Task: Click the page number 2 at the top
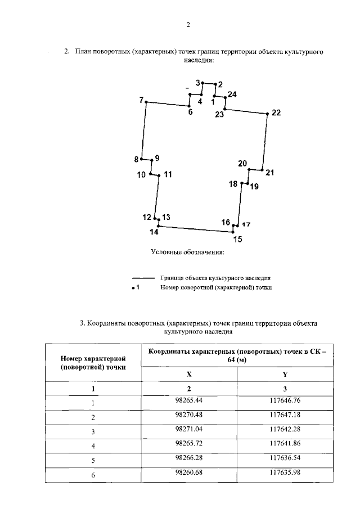(x=188, y=25)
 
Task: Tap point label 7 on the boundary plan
(x=141, y=100)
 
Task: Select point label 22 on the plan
(x=276, y=112)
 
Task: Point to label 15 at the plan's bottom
(x=237, y=240)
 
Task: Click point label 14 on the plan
(x=154, y=232)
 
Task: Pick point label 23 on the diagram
(x=219, y=115)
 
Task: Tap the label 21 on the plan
(x=269, y=173)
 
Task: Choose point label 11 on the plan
(x=168, y=175)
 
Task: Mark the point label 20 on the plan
(x=242, y=164)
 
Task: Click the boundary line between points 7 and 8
(x=144, y=131)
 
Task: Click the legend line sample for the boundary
(x=143, y=278)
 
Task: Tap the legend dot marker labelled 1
(x=132, y=287)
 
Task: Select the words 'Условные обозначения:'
(x=187, y=251)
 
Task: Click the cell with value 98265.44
(x=188, y=400)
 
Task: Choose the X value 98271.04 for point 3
(x=188, y=430)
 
